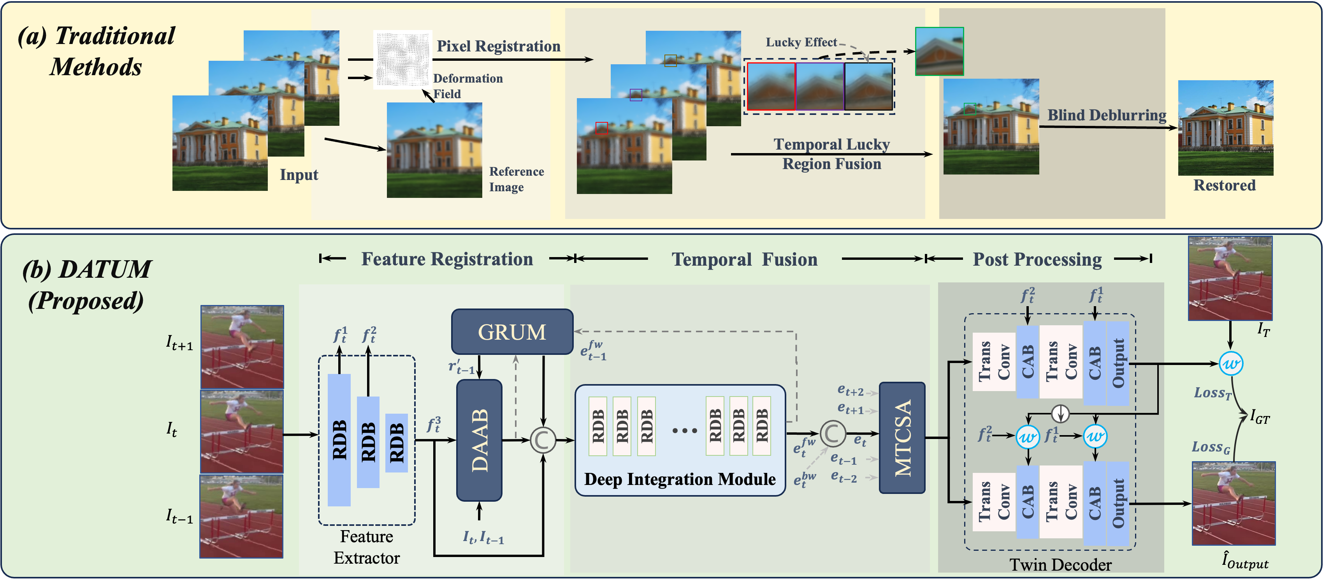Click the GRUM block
pyautogui.click(x=512, y=332)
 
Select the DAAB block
pyautogui.click(x=479, y=440)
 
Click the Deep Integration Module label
pyautogui.click(x=680, y=479)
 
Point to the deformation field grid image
pyautogui.click(x=402, y=59)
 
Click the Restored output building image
pyautogui.click(x=1225, y=128)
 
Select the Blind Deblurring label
pyautogui.click(x=1106, y=115)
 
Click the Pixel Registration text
pyautogui.click(x=498, y=46)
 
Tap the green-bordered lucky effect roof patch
pyautogui.click(x=939, y=51)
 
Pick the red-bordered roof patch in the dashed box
pyautogui.click(x=771, y=86)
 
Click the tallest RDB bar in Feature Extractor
pyautogui.click(x=339, y=440)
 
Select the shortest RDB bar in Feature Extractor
pyautogui.click(x=397, y=442)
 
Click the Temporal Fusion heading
pyautogui.click(x=744, y=259)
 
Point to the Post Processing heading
pyautogui.click(x=1037, y=259)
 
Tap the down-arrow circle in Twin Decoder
pyautogui.click(x=1060, y=413)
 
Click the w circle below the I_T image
pyautogui.click(x=1230, y=364)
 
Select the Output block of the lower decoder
pyautogui.click(x=1118, y=504)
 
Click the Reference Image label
pyautogui.click(x=516, y=179)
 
